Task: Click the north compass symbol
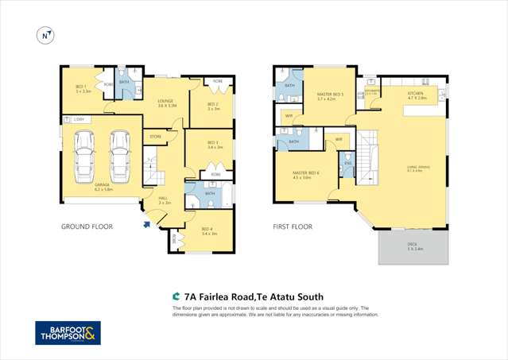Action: [45, 35]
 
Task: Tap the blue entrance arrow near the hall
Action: [145, 225]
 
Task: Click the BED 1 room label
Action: [83, 90]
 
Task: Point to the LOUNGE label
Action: [165, 102]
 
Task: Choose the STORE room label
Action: [156, 137]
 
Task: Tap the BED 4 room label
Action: [209, 231]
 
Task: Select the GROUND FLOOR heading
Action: [87, 226]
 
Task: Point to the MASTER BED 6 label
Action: [306, 175]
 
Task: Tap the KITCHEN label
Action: [417, 95]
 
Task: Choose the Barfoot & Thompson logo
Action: [68, 334]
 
